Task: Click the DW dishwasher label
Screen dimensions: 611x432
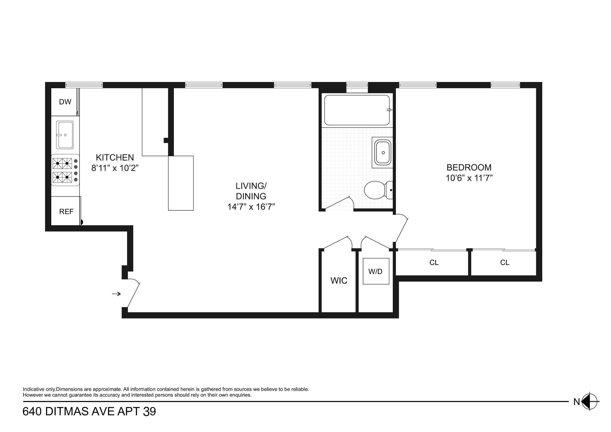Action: click(x=65, y=102)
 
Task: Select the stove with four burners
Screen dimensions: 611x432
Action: click(x=65, y=170)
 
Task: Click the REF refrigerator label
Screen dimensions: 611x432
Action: click(x=66, y=212)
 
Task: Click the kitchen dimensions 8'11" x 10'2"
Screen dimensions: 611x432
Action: click(x=115, y=168)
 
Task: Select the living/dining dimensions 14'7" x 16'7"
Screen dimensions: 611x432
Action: click(x=251, y=207)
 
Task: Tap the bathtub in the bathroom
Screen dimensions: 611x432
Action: click(x=357, y=110)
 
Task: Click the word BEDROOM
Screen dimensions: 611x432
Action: click(x=469, y=167)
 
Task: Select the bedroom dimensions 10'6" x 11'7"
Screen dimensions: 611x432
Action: click(x=469, y=178)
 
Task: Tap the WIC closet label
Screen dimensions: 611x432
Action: click(x=339, y=281)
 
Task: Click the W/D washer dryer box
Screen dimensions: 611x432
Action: click(x=376, y=271)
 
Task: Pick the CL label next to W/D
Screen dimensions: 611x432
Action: click(x=434, y=263)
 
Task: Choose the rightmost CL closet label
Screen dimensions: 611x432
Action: click(x=505, y=263)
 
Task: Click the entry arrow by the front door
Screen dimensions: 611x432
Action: click(x=116, y=294)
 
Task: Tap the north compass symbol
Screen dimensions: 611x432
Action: click(x=590, y=401)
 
